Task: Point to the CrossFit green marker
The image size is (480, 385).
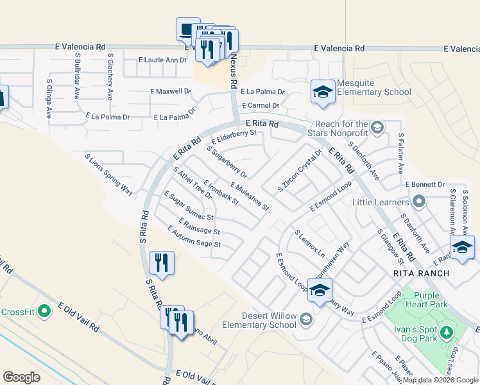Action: point(44,312)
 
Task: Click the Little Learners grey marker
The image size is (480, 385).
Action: point(420,202)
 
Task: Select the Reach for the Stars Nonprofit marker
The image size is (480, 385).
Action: point(377,125)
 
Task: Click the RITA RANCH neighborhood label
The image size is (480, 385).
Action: point(422,273)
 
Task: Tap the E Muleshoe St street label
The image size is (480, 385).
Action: point(246,196)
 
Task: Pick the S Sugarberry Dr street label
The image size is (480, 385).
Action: point(227,162)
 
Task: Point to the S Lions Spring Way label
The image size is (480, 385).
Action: point(108,174)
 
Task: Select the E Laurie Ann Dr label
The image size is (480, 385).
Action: point(162,60)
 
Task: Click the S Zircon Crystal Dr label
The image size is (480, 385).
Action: point(300,171)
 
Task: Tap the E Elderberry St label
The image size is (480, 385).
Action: point(234,137)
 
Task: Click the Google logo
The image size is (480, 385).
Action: point(22,377)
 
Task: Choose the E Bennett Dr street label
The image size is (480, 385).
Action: point(425,184)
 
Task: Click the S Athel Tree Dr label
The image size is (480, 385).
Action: point(193,183)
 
